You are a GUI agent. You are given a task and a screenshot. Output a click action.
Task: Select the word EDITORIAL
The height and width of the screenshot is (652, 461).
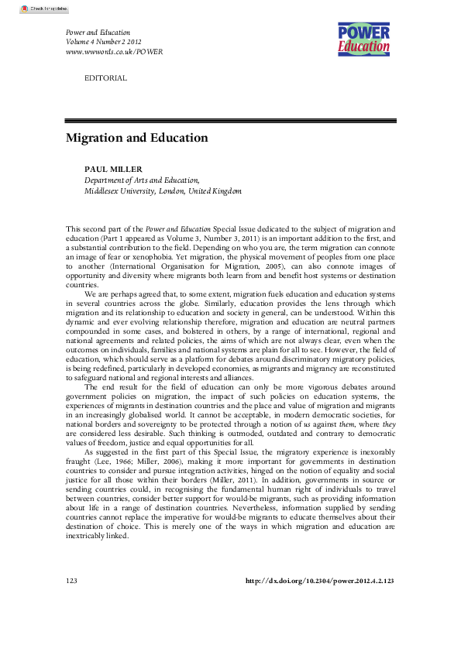click(105, 78)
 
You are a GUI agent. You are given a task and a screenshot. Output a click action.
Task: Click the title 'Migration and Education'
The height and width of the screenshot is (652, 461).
click(137, 138)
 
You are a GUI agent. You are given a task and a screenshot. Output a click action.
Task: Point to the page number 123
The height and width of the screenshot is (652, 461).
click(73, 602)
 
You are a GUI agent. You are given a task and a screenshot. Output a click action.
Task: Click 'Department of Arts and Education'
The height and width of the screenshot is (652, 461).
click(141, 180)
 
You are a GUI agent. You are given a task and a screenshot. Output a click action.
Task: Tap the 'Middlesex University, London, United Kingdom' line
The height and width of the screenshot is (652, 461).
click(163, 190)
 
